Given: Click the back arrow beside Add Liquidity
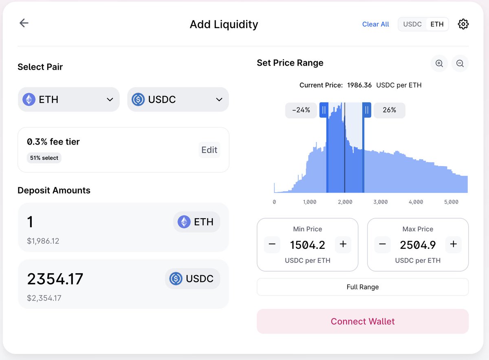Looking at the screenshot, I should pyautogui.click(x=24, y=23).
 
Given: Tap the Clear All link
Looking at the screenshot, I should pyautogui.click(x=375, y=24).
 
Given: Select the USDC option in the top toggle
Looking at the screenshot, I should pyautogui.click(x=412, y=24).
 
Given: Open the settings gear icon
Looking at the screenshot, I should pyautogui.click(x=463, y=24).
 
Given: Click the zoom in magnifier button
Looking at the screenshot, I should pyautogui.click(x=439, y=64).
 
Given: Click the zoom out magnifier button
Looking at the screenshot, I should pyautogui.click(x=460, y=64).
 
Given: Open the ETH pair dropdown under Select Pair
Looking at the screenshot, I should pyautogui.click(x=68, y=99).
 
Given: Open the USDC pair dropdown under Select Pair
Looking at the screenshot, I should pyautogui.click(x=178, y=99).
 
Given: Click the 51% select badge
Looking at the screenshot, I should pyautogui.click(x=44, y=158).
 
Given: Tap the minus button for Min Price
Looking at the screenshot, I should pyautogui.click(x=272, y=245).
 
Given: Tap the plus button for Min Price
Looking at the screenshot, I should pyautogui.click(x=343, y=245).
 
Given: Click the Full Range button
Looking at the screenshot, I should pyautogui.click(x=363, y=287).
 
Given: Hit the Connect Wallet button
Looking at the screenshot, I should pyautogui.click(x=363, y=322).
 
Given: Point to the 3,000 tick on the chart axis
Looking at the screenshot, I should pyautogui.click(x=381, y=202).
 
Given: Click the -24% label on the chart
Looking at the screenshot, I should pyautogui.click(x=301, y=110).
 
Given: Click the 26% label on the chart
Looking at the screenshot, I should pyautogui.click(x=390, y=110).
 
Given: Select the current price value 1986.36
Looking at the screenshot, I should pyautogui.click(x=359, y=86).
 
